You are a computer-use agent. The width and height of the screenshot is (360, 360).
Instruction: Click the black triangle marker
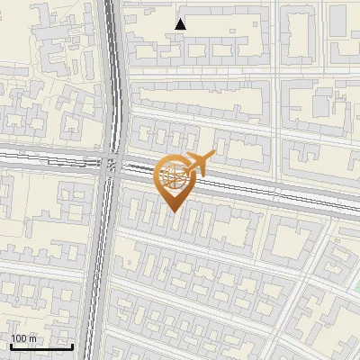(x=181, y=24)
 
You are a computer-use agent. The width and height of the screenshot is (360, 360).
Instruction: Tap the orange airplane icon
(x=199, y=165)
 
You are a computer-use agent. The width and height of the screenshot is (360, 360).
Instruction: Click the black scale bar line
(x=41, y=346)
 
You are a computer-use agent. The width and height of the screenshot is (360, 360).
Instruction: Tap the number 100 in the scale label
(x=19, y=338)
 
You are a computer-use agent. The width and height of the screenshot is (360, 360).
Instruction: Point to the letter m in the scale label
(x=32, y=338)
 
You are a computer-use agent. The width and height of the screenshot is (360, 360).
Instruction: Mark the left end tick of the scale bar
(x=11, y=345)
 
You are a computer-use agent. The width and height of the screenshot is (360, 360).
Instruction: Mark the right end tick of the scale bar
(x=72, y=345)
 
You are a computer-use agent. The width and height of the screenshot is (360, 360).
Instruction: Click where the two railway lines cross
(x=112, y=163)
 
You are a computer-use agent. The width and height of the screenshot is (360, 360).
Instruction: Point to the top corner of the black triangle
(x=181, y=19)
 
